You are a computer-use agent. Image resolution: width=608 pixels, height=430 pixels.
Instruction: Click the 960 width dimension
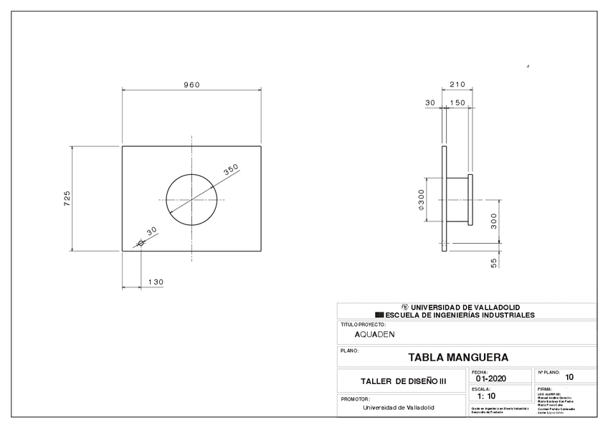(x=191, y=85)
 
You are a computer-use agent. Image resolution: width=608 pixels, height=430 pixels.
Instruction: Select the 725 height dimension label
(x=67, y=199)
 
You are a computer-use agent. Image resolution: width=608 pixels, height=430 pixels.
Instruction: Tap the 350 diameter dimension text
(x=231, y=170)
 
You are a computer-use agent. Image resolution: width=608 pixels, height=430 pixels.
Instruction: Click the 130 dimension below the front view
(x=156, y=282)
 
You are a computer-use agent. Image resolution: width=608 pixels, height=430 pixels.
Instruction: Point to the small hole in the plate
(x=141, y=243)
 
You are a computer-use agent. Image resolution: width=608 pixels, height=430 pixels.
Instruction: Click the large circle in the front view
(x=191, y=199)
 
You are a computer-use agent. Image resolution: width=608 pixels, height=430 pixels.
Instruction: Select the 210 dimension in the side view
(x=457, y=85)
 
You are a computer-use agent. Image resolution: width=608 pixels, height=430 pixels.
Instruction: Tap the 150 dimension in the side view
(x=457, y=103)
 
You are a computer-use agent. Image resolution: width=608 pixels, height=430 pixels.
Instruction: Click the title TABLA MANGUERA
(x=458, y=357)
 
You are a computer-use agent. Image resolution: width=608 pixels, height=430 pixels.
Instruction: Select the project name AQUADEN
(x=374, y=334)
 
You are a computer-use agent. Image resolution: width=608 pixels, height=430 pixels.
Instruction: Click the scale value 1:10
(x=486, y=396)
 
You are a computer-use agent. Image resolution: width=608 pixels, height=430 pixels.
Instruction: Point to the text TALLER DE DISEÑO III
(x=403, y=381)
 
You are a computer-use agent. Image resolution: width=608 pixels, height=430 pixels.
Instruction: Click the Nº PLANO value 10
(x=569, y=377)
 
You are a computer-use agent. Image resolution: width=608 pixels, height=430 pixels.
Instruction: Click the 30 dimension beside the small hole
(x=151, y=231)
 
